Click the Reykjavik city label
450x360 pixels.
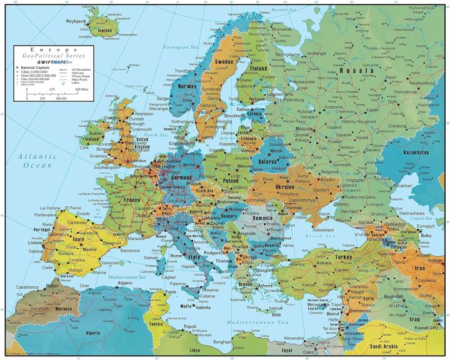point(80,21)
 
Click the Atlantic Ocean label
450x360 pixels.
point(37,161)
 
